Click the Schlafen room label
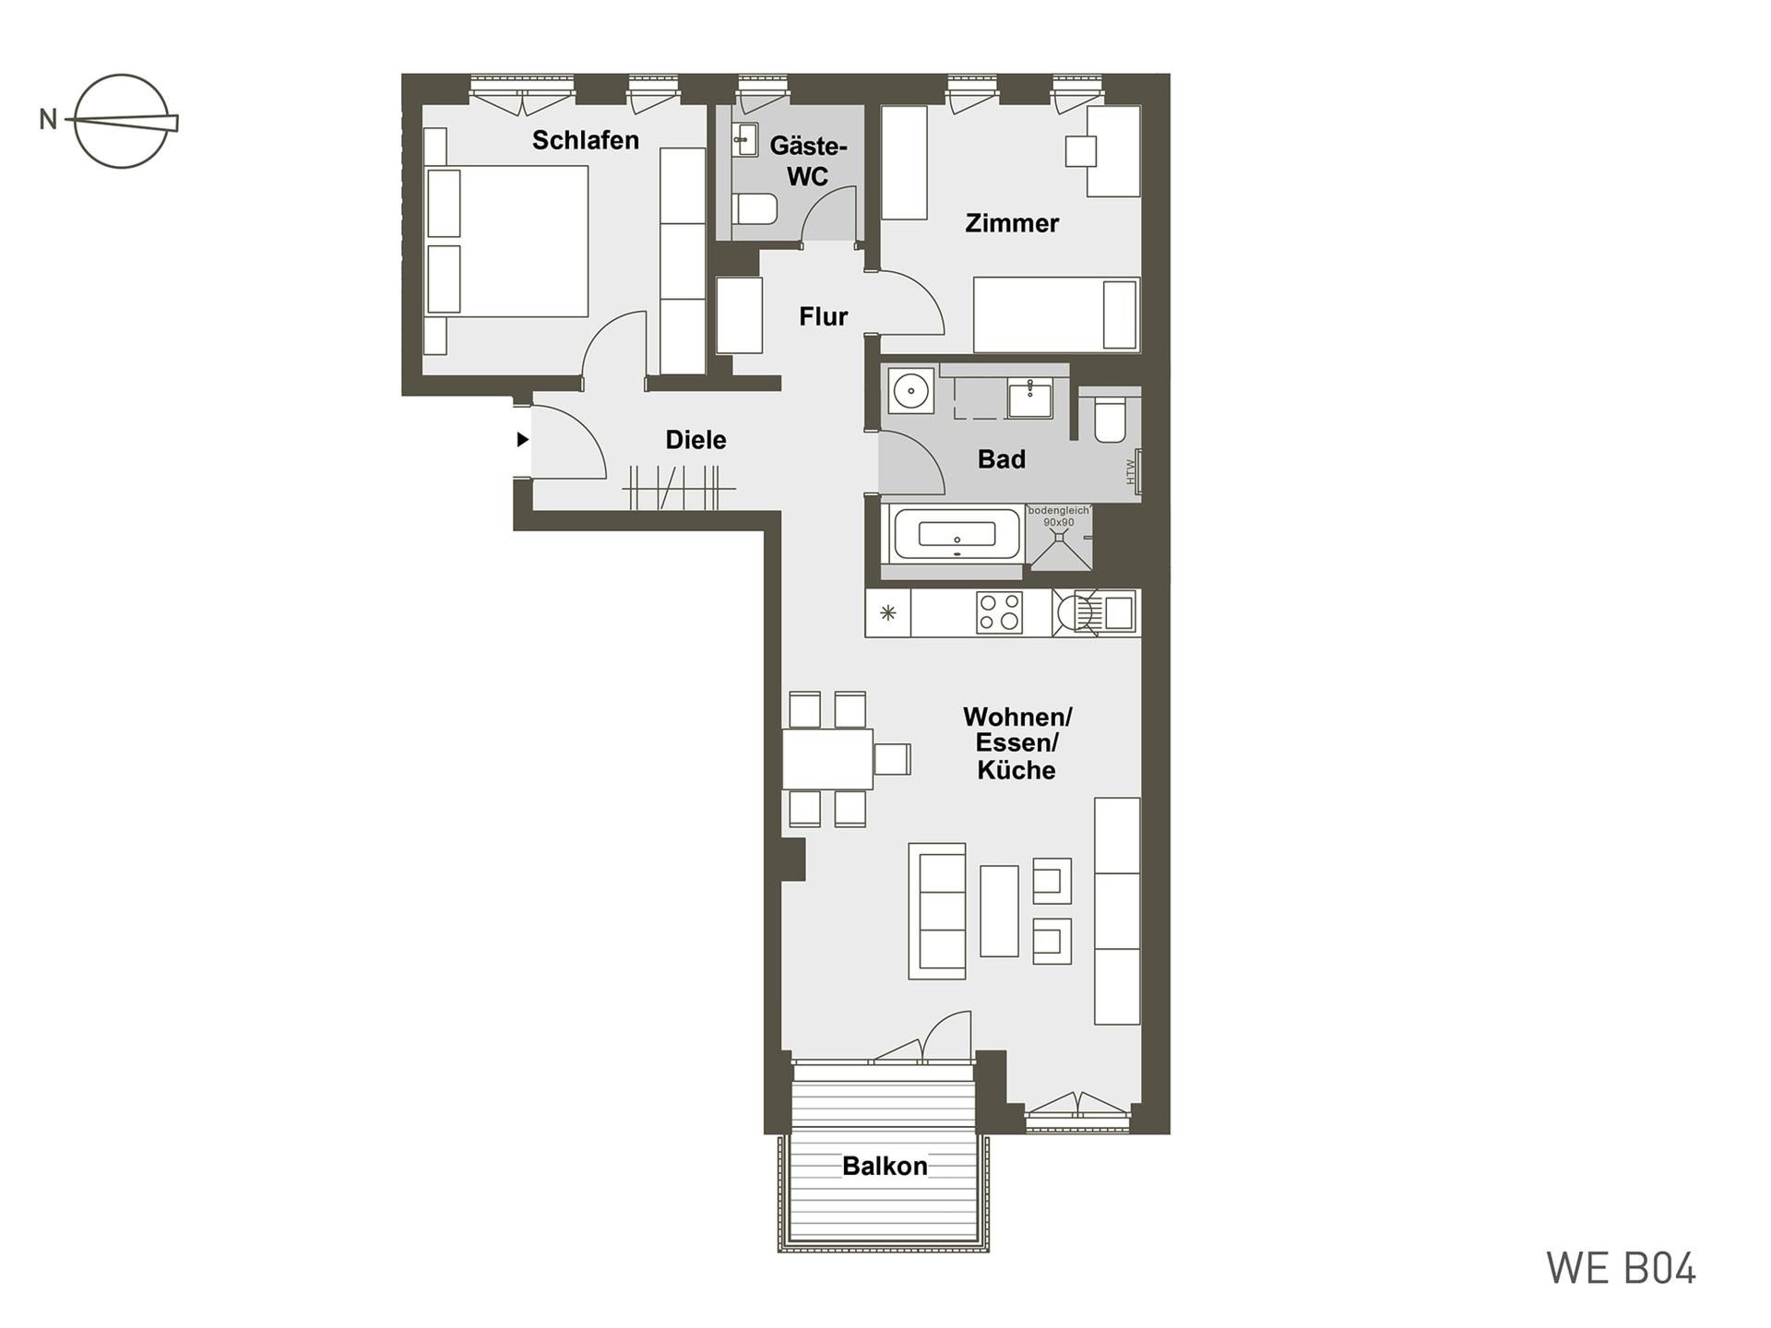[x=586, y=140]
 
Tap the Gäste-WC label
[x=808, y=160]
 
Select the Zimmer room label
[x=1012, y=223]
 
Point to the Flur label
[x=824, y=316]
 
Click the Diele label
[x=696, y=440]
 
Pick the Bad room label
[x=1002, y=459]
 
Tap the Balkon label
[x=885, y=1167]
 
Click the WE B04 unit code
[x=1622, y=1269]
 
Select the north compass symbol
[x=120, y=121]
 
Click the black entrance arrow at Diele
[x=522, y=440]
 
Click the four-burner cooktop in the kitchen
[x=1000, y=612]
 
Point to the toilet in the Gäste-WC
[x=756, y=208]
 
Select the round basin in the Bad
[x=911, y=391]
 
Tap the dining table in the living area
[x=827, y=759]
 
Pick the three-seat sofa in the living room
[x=937, y=911]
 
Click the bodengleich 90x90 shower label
[x=1059, y=516]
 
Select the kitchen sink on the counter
[x=1119, y=611]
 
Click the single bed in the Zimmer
[x=1057, y=314]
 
